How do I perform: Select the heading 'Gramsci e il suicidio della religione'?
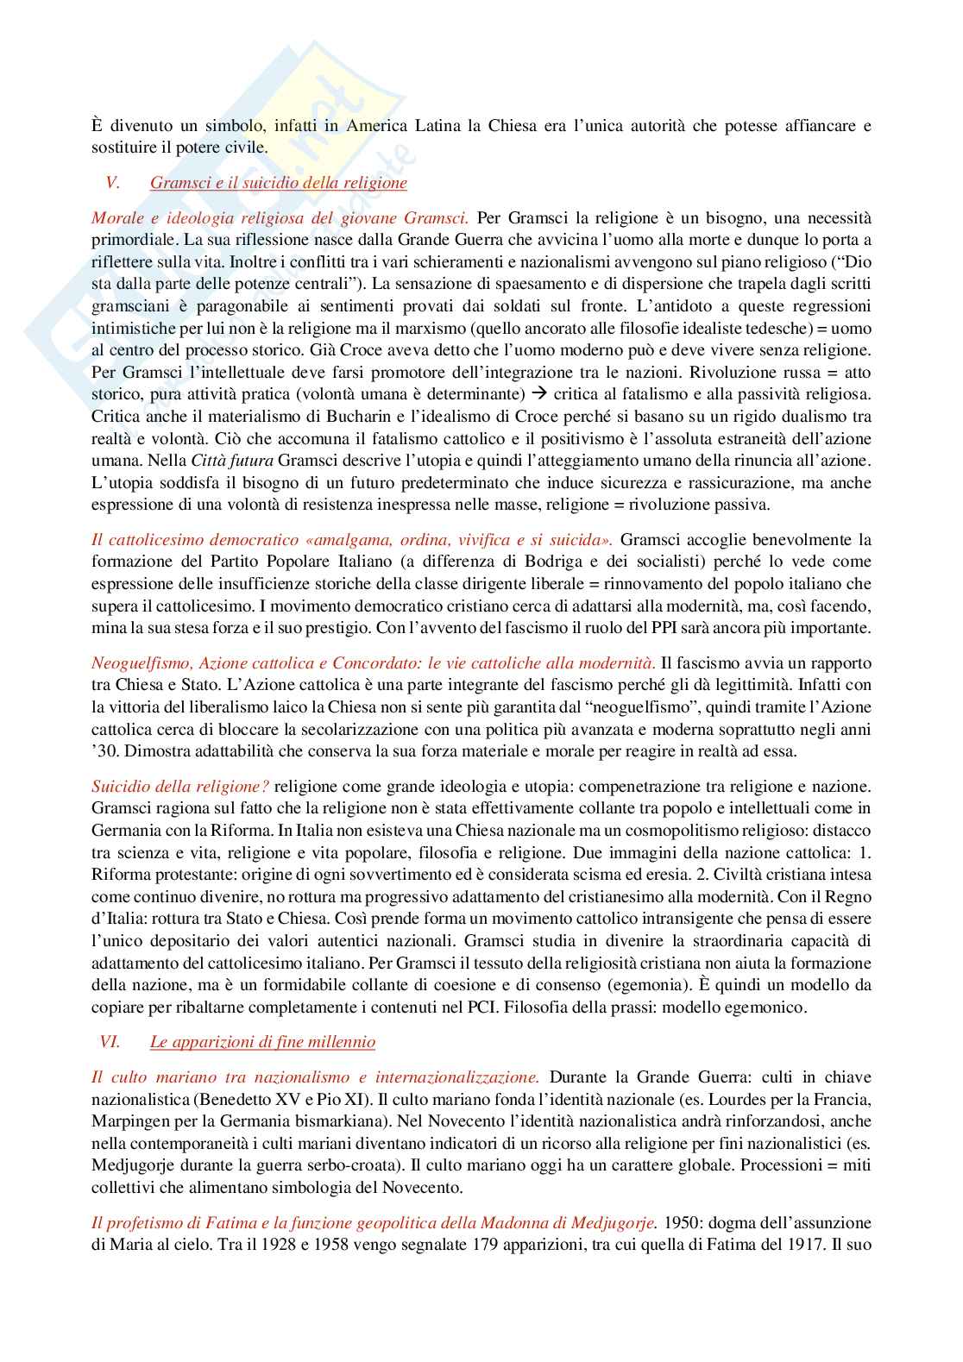[x=278, y=184]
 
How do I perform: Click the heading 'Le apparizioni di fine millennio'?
[x=262, y=1042]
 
